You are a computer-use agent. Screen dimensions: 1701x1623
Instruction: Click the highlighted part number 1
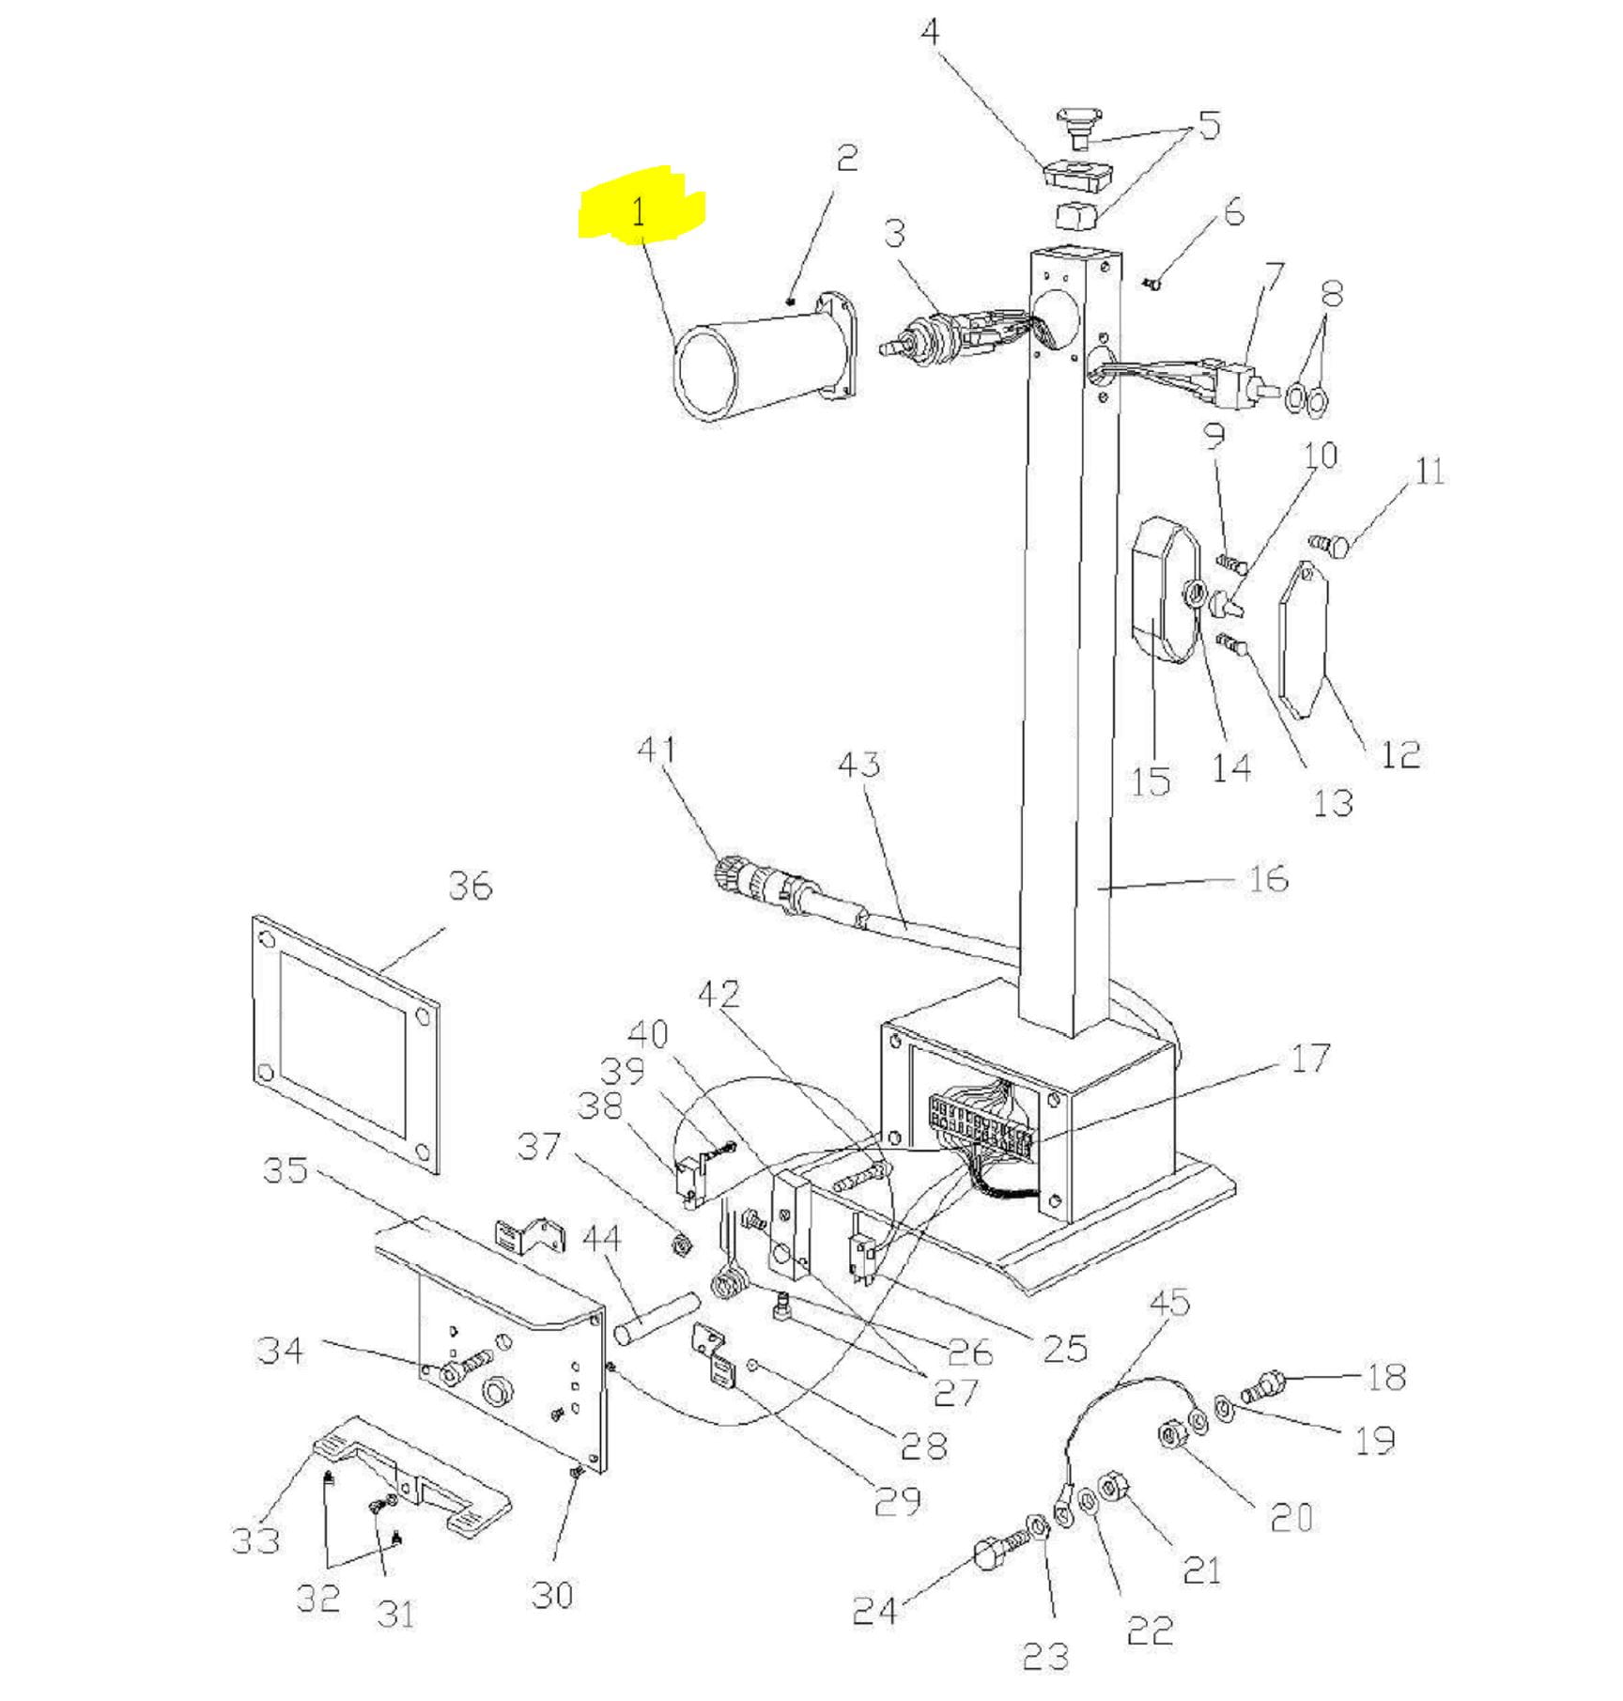[x=640, y=212]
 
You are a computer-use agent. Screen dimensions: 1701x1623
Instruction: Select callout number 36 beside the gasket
[x=470, y=886]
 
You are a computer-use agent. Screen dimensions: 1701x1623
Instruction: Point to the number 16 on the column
[x=1267, y=879]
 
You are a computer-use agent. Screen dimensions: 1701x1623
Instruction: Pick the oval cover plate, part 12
[x=1304, y=640]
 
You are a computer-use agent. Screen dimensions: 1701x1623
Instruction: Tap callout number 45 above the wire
[x=1169, y=1303]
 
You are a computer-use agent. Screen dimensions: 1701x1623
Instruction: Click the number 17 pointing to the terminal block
[x=1310, y=1059]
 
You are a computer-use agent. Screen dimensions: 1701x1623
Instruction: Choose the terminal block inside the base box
[x=982, y=1122]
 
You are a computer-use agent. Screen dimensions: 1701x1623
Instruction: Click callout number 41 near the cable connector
[x=656, y=750]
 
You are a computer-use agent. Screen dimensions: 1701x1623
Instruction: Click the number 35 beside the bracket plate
[x=286, y=1170]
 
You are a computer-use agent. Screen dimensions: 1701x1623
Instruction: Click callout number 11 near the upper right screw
[x=1429, y=472]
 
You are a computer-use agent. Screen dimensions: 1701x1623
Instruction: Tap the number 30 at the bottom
[x=551, y=1594]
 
